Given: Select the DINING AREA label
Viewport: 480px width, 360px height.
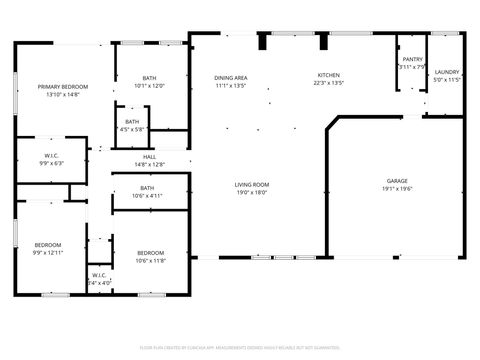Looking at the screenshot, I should pyautogui.click(x=231, y=77).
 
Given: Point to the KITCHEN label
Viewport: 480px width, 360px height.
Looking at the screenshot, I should pyautogui.click(x=329, y=76).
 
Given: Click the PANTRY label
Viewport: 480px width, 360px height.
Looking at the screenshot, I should pyautogui.click(x=412, y=59).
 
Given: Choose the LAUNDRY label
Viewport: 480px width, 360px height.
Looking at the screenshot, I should pyautogui.click(x=447, y=72).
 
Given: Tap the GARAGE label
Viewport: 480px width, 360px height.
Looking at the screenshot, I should pyautogui.click(x=397, y=181).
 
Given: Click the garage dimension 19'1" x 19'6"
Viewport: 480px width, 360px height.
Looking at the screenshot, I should pyautogui.click(x=397, y=189).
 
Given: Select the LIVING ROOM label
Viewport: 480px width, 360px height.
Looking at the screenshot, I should pyautogui.click(x=252, y=185).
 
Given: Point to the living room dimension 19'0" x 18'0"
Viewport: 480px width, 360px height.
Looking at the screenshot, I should pyautogui.click(x=252, y=193).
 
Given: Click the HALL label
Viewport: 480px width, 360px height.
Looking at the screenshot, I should pyautogui.click(x=149, y=156).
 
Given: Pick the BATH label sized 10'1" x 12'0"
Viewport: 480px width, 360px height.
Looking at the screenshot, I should pyautogui.click(x=149, y=78).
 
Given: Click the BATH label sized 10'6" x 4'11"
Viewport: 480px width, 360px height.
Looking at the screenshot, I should pyautogui.click(x=147, y=187).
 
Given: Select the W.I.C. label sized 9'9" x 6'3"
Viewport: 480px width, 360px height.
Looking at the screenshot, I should pyautogui.click(x=52, y=155).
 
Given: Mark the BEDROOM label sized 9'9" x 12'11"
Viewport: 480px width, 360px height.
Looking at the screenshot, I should pyautogui.click(x=48, y=245).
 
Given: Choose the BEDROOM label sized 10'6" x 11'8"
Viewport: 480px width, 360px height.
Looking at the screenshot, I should pyautogui.click(x=150, y=253).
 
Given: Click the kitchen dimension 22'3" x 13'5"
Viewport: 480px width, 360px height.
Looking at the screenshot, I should pyautogui.click(x=329, y=84).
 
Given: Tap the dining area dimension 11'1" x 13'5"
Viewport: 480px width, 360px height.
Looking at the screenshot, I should pyautogui.click(x=231, y=85).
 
